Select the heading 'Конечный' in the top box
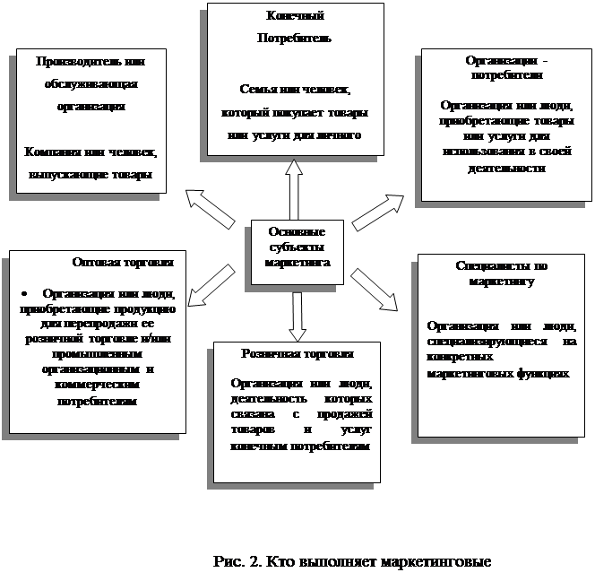point(295,16)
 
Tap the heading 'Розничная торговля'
point(297,354)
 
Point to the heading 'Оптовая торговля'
point(123,263)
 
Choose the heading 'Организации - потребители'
point(506,67)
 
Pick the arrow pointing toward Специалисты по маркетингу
point(375,290)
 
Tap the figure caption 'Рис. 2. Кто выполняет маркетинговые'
point(353,562)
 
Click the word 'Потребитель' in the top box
point(294,39)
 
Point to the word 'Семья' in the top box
point(258,90)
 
